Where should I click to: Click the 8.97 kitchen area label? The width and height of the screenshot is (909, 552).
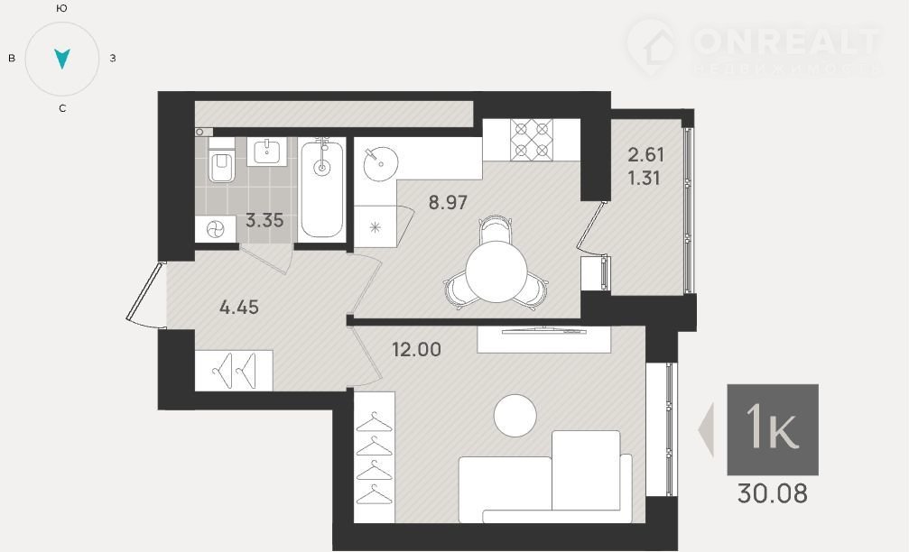pyautogui.click(x=448, y=203)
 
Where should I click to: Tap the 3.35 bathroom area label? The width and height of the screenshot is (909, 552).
pyautogui.click(x=264, y=220)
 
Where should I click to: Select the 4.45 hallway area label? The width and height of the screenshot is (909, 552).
pyautogui.click(x=239, y=307)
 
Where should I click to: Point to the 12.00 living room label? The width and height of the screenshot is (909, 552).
pyautogui.click(x=416, y=349)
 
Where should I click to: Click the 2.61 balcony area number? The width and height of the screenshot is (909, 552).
pyautogui.click(x=645, y=154)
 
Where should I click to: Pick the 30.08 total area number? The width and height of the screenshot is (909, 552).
pyautogui.click(x=772, y=494)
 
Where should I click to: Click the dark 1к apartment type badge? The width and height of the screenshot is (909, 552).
pyautogui.click(x=773, y=429)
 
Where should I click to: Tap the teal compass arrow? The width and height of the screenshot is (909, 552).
pyautogui.click(x=62, y=59)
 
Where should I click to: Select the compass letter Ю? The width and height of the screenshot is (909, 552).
pyautogui.click(x=62, y=8)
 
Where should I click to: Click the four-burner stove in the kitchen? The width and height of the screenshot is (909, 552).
pyautogui.click(x=532, y=140)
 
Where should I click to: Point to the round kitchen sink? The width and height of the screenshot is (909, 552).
pyautogui.click(x=380, y=163)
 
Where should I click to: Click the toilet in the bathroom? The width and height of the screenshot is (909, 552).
pyautogui.click(x=221, y=161)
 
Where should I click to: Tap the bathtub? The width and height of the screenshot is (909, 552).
pyautogui.click(x=321, y=189)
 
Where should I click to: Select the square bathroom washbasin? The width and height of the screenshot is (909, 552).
pyautogui.click(x=266, y=152)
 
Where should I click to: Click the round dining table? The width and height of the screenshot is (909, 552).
pyautogui.click(x=496, y=272)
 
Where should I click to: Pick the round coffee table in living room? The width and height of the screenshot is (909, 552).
pyautogui.click(x=515, y=415)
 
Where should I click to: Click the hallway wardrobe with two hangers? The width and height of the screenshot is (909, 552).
pyautogui.click(x=234, y=371)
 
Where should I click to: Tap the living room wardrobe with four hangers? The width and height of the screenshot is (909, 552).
pyautogui.click(x=375, y=457)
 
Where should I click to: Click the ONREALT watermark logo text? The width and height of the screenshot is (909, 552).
pyautogui.click(x=786, y=41)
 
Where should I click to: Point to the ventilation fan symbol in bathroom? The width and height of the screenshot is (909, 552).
pyautogui.click(x=215, y=229)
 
